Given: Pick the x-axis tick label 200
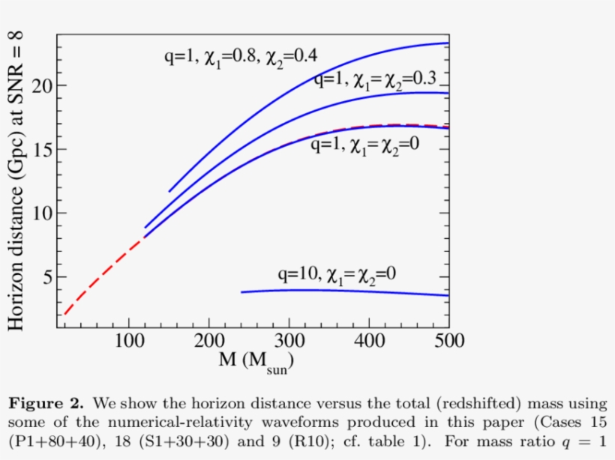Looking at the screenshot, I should (208, 342).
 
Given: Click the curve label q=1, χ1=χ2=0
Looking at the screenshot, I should (364, 145).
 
